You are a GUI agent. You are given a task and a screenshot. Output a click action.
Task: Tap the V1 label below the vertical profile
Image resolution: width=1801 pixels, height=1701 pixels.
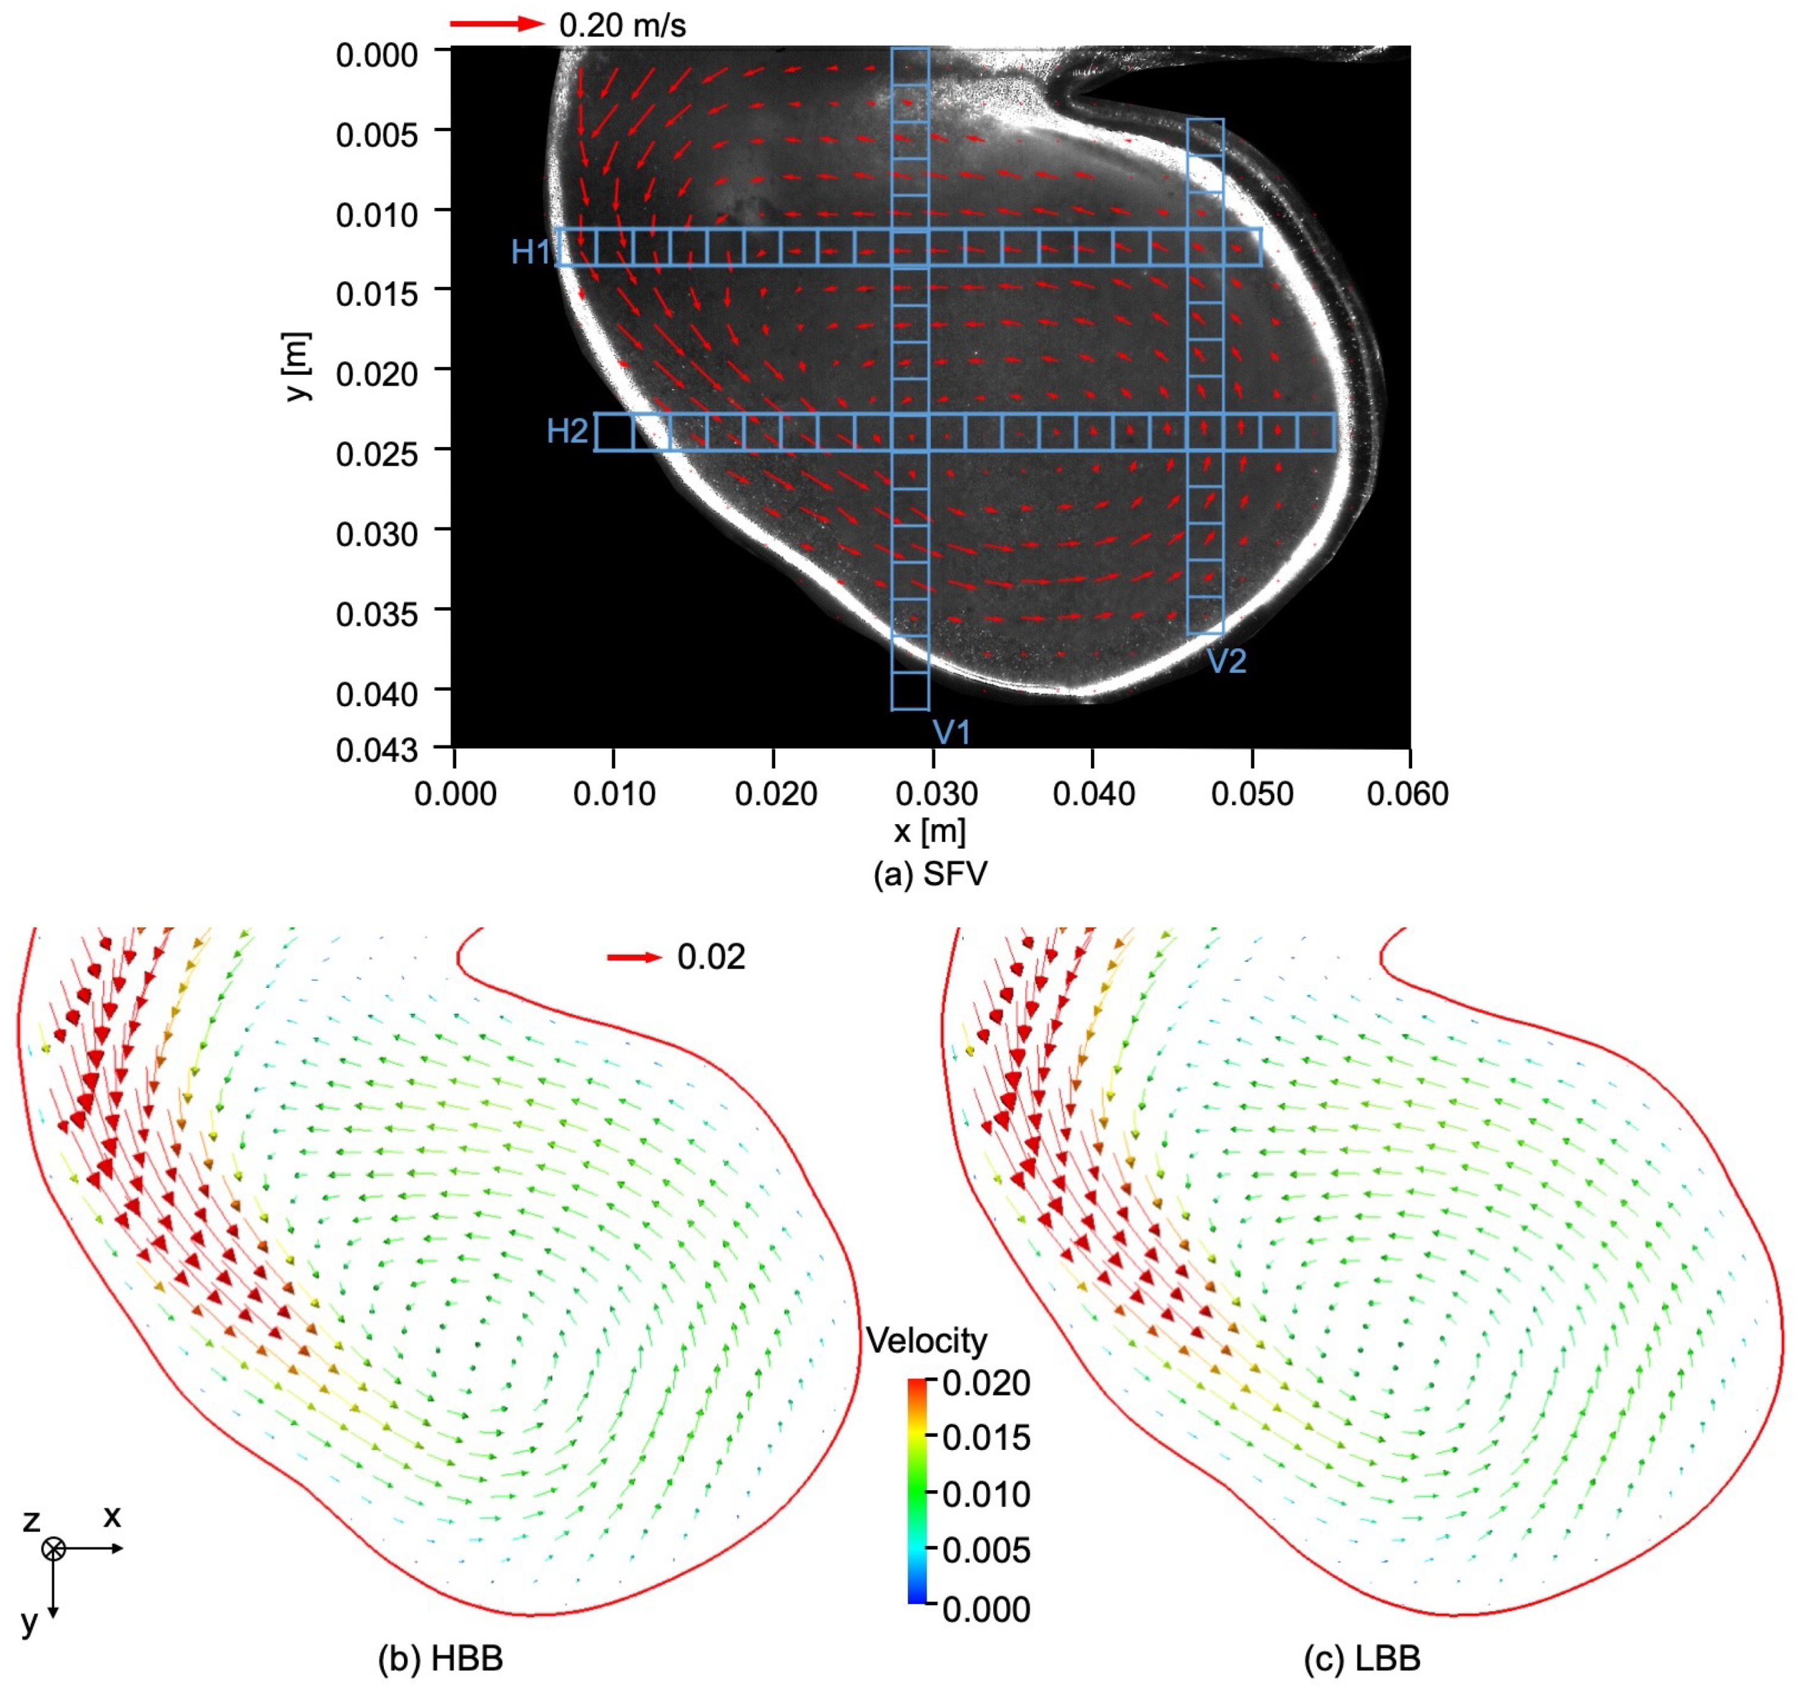951,731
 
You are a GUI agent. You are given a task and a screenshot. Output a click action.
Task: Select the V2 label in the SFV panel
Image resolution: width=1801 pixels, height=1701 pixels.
1226,661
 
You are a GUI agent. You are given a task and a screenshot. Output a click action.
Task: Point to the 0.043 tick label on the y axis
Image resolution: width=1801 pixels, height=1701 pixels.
377,751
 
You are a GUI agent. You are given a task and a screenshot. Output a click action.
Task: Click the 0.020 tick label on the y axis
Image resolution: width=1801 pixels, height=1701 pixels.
377,373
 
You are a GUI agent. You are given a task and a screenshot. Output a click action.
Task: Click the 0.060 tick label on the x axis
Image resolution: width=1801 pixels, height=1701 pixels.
1408,794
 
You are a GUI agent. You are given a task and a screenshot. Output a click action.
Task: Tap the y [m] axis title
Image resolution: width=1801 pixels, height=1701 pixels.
298,367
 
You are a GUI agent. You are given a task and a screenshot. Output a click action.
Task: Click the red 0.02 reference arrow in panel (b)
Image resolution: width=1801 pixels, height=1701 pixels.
634,957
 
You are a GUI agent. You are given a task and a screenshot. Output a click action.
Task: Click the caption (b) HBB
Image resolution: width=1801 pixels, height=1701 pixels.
440,1658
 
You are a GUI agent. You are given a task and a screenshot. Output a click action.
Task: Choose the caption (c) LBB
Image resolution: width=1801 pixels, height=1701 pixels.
1361,1658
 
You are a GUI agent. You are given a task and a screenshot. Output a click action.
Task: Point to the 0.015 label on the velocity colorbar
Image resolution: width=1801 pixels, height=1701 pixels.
986,1437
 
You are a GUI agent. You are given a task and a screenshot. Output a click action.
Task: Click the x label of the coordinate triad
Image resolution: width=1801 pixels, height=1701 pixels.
112,1515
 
